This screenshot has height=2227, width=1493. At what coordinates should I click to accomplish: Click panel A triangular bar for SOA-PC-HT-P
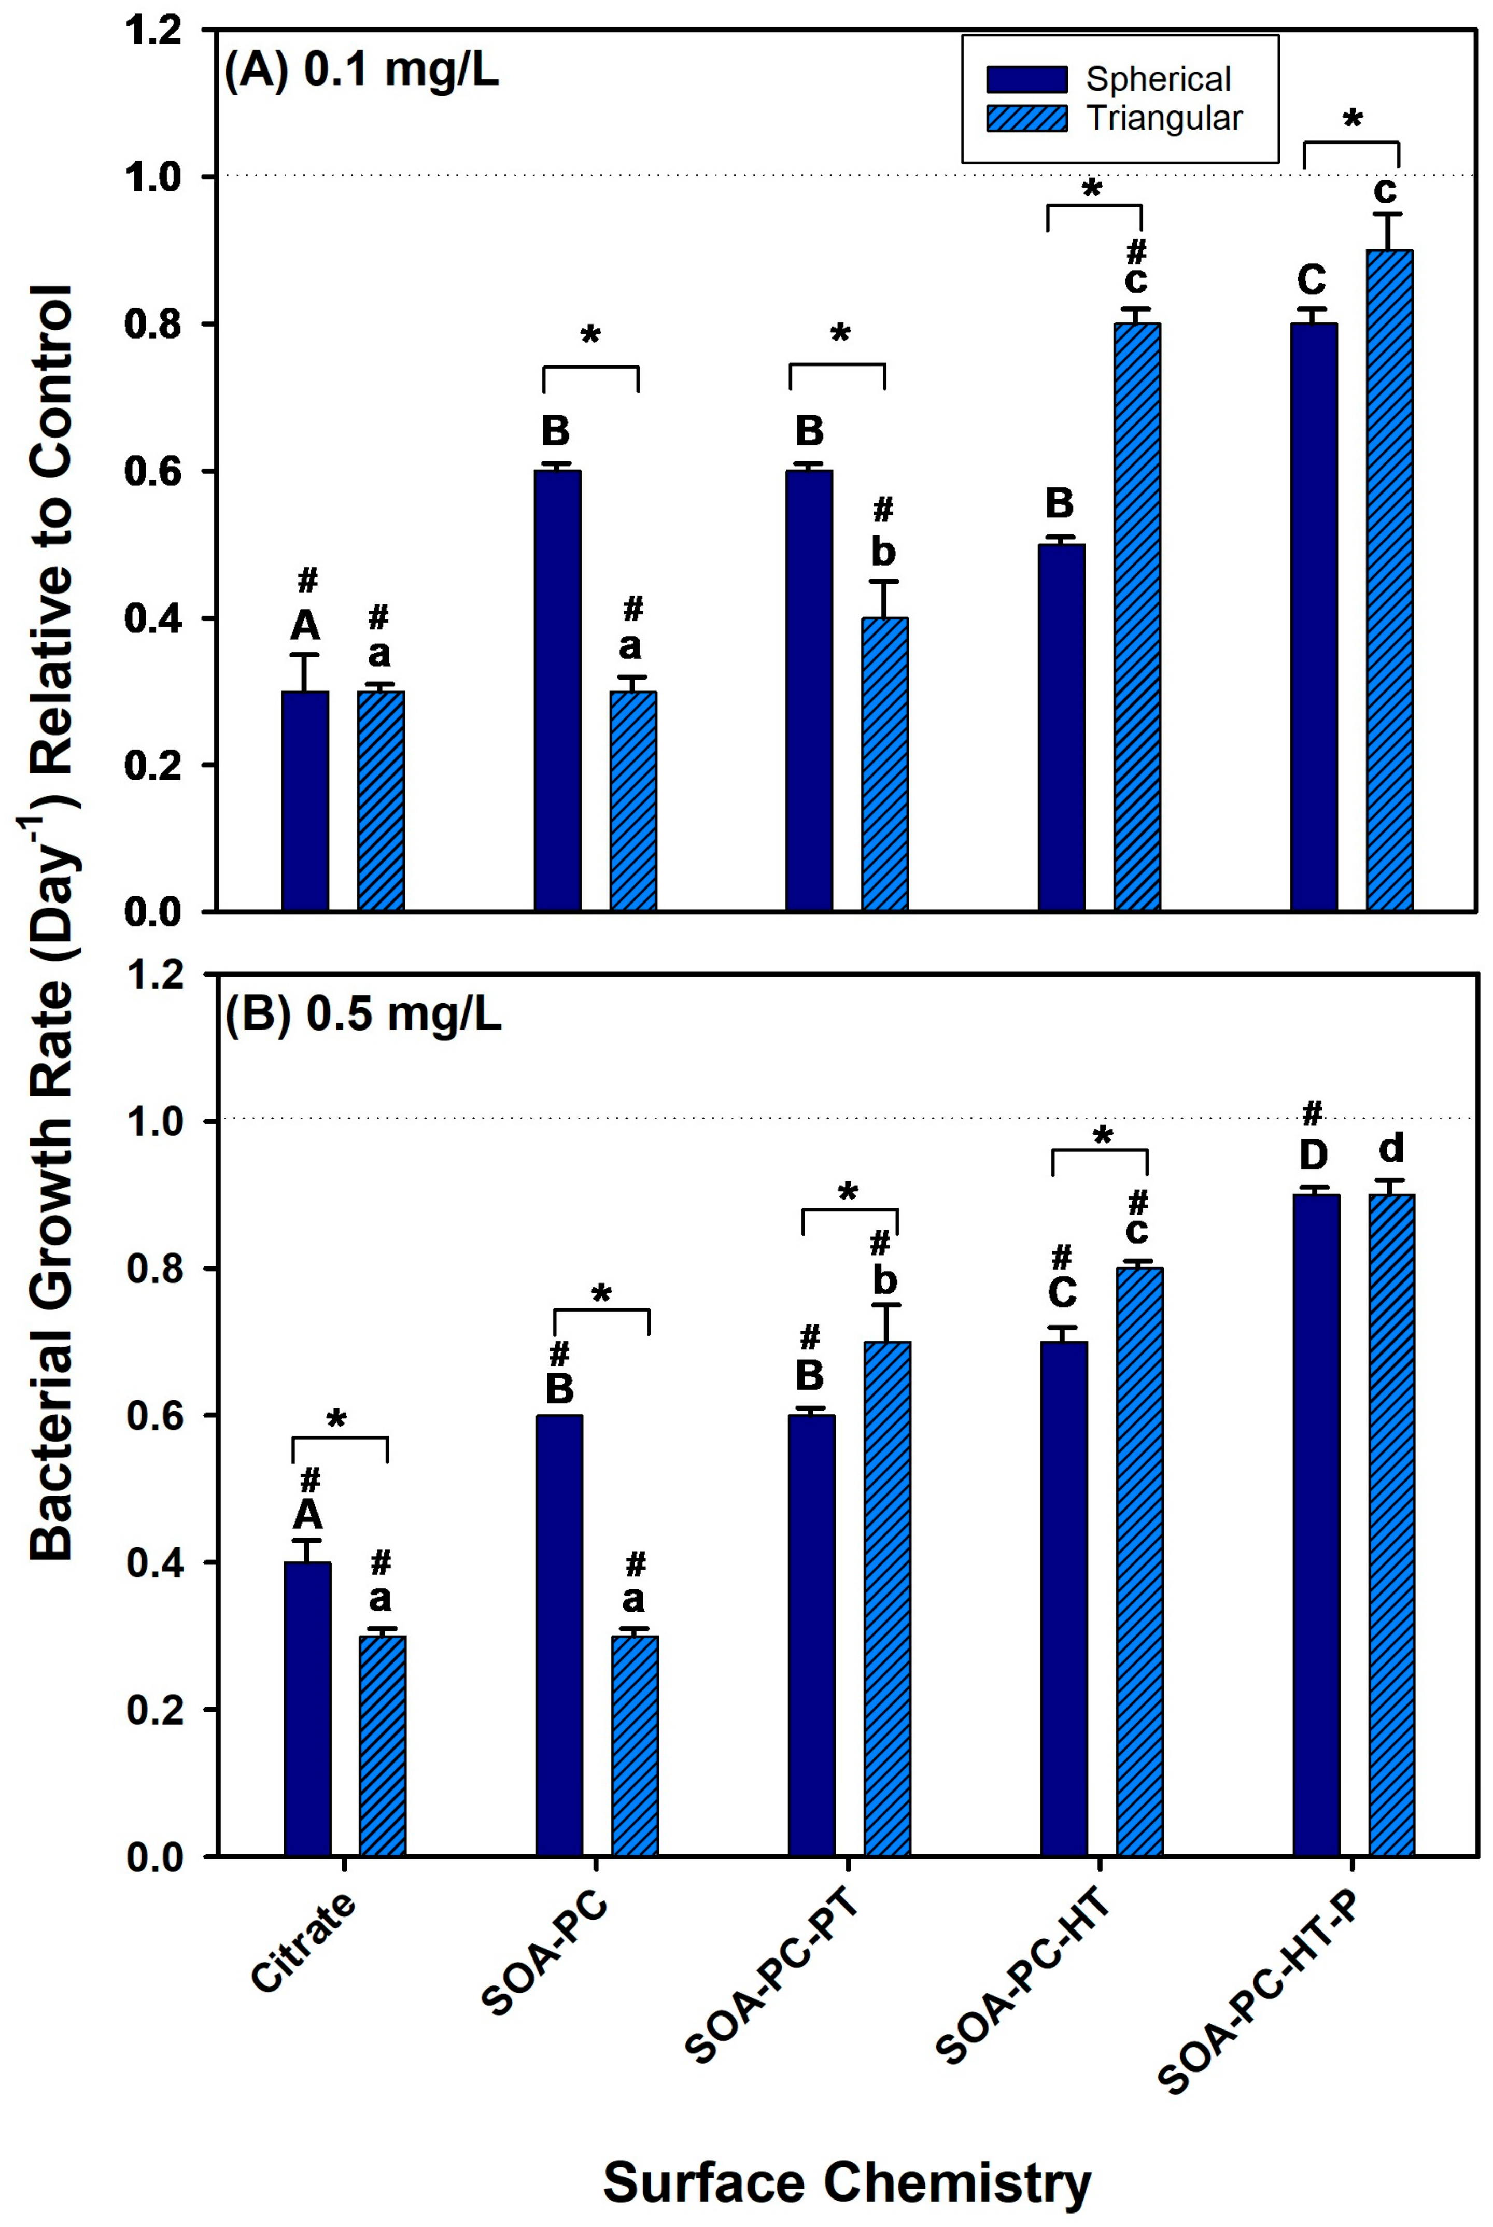[1389, 581]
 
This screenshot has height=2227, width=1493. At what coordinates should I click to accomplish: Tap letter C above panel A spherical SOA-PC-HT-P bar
[1312, 281]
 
